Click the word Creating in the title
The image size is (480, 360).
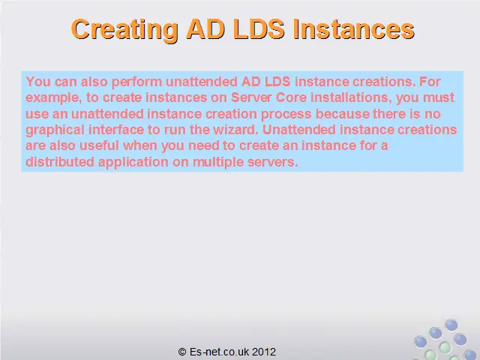coord(124,30)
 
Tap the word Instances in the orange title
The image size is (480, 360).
coord(354,29)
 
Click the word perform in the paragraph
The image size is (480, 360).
coord(136,82)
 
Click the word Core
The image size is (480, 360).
coord(292,97)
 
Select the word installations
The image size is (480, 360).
coord(352,97)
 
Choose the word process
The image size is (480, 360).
coord(286,115)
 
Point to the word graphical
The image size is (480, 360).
coord(55,130)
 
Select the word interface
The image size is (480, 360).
coord(116,130)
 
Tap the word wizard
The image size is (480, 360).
coord(235,130)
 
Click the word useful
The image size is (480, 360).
coord(99,145)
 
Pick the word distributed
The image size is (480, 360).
coord(60,162)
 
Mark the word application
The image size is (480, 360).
coord(133,162)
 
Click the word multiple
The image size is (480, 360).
coord(218,162)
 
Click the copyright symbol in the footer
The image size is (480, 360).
coord(182,352)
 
